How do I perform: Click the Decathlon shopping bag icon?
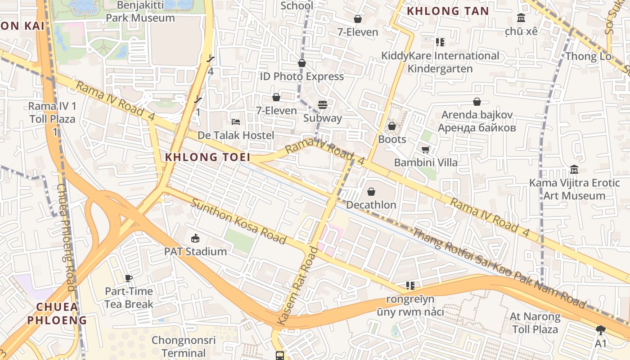click(x=371, y=192)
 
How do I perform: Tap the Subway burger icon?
click(x=322, y=105)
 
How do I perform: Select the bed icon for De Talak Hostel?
click(x=235, y=122)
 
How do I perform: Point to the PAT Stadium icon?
click(x=195, y=238)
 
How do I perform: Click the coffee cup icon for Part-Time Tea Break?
click(x=129, y=278)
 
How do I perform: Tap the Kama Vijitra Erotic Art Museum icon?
click(x=574, y=170)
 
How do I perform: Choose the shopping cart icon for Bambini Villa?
click(x=425, y=149)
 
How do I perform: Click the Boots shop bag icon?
click(x=392, y=126)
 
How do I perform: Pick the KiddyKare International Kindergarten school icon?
click(x=440, y=42)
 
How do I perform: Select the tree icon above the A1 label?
click(x=600, y=330)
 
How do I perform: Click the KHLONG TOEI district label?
click(x=207, y=157)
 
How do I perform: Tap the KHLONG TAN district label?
click(x=448, y=11)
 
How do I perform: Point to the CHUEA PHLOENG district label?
click(x=57, y=314)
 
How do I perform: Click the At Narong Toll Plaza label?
click(x=535, y=323)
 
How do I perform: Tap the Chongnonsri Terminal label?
click(x=184, y=346)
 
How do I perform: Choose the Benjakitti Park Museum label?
click(x=140, y=12)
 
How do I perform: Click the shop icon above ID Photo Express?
click(x=301, y=63)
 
